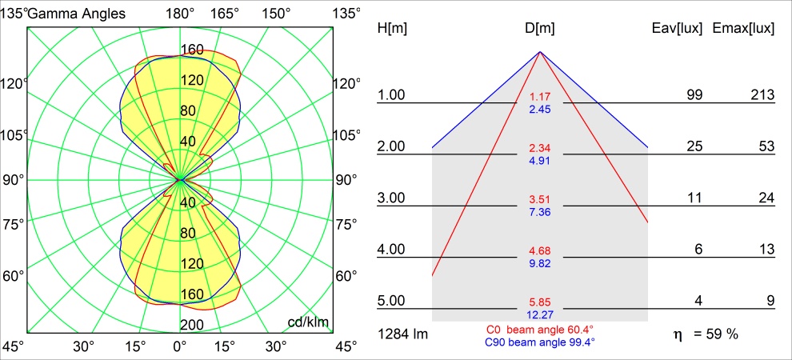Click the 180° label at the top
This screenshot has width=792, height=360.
point(180,13)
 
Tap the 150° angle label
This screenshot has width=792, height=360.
point(276,13)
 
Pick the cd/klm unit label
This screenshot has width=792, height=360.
point(309,322)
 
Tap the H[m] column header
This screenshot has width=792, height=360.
point(392,29)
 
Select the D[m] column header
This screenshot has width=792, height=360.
point(540,29)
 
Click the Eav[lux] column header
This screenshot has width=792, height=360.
point(678,29)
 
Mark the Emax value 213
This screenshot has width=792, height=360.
point(762,95)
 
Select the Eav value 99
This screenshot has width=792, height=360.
point(694,95)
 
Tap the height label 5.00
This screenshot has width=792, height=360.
point(392,301)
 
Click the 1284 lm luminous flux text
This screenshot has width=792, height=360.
point(402,334)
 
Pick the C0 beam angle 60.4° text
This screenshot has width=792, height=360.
point(540,330)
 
